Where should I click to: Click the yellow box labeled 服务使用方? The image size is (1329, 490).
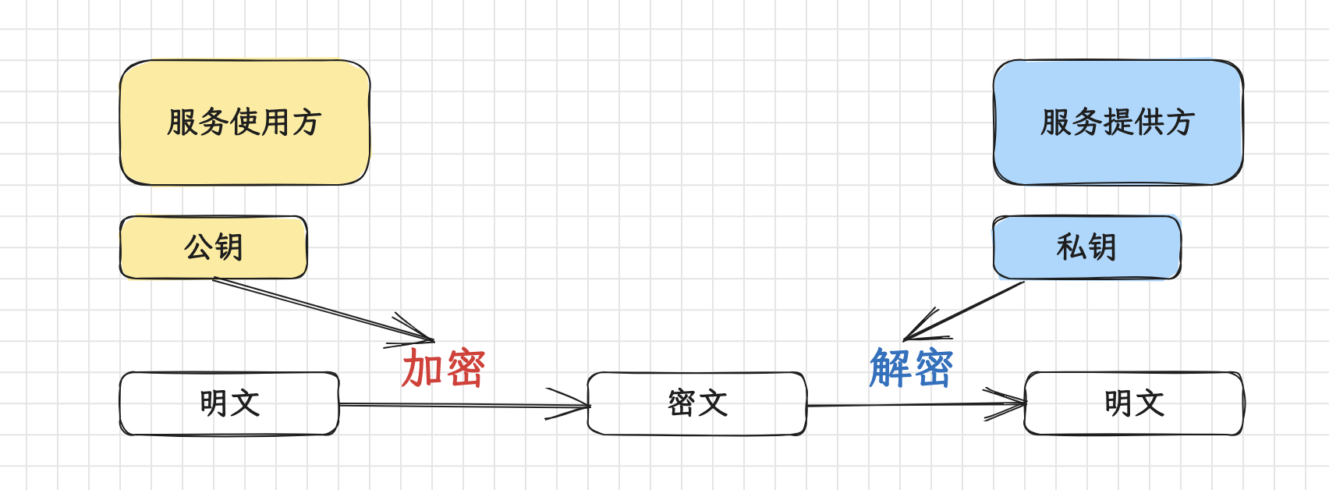tap(244, 123)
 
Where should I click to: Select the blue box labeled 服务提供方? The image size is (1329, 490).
tap(1118, 123)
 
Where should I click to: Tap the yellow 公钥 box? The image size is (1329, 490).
tap(213, 247)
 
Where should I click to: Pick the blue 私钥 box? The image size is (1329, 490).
tap(1086, 247)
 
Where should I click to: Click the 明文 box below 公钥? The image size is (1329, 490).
tap(229, 403)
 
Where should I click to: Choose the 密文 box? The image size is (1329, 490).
tap(696, 403)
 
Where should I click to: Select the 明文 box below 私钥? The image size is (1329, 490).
tap(1133, 403)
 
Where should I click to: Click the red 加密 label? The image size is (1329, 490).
tap(443, 368)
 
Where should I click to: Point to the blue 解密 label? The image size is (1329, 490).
tap(911, 368)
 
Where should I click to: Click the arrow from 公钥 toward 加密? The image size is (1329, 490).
tap(320, 309)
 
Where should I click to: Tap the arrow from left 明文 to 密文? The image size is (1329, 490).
tap(460, 405)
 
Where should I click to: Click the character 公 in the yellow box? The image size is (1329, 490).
tap(198, 247)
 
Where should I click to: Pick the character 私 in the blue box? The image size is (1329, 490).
tap(1071, 247)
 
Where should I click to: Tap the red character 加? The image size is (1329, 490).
tap(422, 368)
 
